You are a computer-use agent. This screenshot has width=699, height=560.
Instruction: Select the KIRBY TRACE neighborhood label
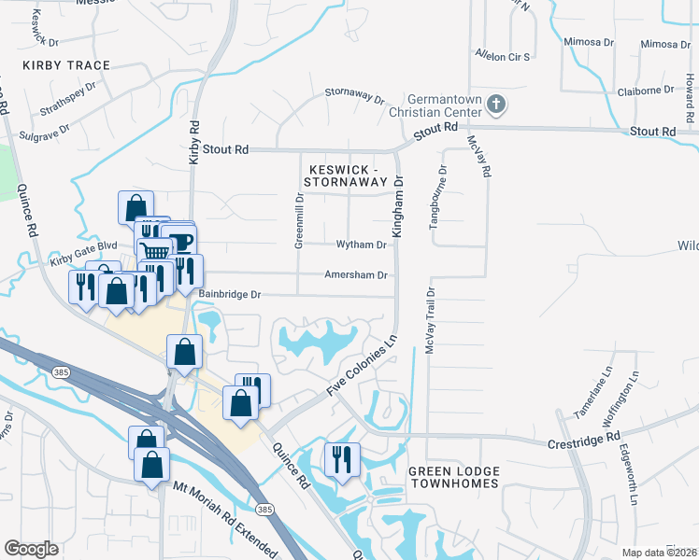coord(67,65)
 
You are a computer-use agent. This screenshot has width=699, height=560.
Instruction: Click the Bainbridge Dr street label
coord(229,294)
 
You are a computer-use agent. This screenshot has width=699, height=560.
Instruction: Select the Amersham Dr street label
coord(356,275)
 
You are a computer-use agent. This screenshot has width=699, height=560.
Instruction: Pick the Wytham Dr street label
coord(362,245)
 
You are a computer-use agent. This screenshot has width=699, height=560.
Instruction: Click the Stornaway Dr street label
coord(354,94)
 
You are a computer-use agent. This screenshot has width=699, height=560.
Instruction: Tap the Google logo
coord(31,549)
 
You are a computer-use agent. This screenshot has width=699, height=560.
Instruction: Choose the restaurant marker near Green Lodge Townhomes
coord(341,460)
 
